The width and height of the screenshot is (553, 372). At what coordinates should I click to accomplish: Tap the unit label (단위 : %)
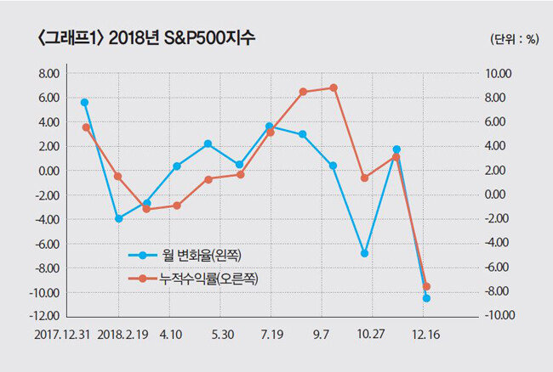[514, 40]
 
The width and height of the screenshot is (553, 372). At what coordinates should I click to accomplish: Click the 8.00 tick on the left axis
[49, 74]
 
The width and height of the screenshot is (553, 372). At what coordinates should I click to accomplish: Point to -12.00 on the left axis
[46, 317]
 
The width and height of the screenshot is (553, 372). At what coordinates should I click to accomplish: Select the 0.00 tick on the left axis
[49, 171]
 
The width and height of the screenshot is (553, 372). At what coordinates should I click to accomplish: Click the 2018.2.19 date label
[123, 335]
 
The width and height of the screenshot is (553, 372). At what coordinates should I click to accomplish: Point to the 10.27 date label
[372, 335]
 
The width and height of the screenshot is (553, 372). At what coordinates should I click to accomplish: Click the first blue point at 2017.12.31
[85, 102]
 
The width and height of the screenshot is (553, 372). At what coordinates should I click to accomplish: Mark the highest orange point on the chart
[333, 87]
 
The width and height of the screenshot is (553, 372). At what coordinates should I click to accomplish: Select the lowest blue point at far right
[426, 298]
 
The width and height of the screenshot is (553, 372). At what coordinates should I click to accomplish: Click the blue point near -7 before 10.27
[364, 253]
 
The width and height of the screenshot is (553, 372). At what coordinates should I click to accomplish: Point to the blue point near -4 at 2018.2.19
[119, 218]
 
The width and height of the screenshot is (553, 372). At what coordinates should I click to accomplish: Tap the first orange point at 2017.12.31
[86, 127]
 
